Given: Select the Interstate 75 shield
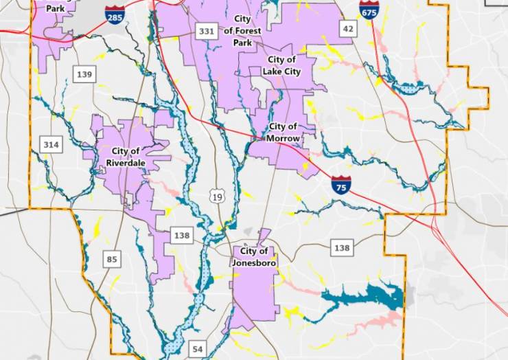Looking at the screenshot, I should tap(340, 184).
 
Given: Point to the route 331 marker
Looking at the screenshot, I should tap(206, 31).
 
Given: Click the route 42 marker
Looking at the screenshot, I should tap(349, 28).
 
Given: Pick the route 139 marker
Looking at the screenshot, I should tap(84, 74).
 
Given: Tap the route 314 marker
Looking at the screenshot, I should tap(50, 144).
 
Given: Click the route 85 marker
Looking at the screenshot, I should tap(112, 259).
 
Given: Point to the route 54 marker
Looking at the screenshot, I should tap(198, 349).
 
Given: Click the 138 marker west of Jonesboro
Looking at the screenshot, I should tap(181, 236).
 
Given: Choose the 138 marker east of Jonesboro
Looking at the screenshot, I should tap(341, 247).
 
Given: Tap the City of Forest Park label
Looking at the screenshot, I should tap(242, 30).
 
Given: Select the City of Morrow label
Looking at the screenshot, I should tap(284, 133).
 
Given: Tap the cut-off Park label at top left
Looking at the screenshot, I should tap(54, 9).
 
